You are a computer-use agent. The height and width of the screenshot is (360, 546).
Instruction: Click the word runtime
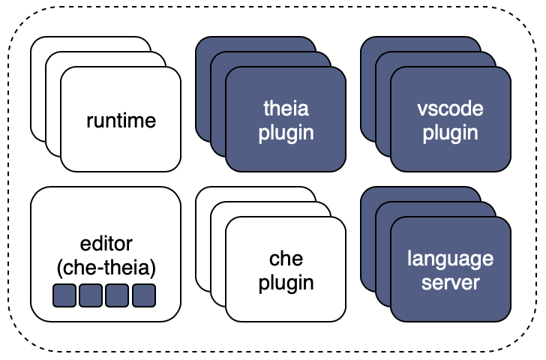tap(121, 121)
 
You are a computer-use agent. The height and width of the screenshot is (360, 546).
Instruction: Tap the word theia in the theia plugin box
tap(286, 108)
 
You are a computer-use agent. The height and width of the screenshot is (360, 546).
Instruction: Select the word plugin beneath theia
tap(286, 133)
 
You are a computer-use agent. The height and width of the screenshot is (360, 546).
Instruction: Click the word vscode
tap(450, 109)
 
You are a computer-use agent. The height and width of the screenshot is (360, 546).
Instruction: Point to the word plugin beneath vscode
tap(450, 133)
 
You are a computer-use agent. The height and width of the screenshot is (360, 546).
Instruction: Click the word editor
tap(106, 243)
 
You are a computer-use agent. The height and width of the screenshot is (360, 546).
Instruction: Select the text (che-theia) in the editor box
tap(106, 268)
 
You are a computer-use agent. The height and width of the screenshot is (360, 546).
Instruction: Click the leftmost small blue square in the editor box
tap(64, 295)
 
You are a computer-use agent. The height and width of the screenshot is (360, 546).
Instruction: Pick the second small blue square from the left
tap(91, 295)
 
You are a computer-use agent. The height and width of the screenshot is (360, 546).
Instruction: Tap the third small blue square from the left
tap(117, 295)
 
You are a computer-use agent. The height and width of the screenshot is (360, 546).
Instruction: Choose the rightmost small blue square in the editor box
tap(144, 295)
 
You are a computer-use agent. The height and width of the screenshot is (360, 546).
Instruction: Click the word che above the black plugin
tap(286, 259)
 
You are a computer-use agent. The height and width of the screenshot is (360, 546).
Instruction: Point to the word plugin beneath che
tap(286, 283)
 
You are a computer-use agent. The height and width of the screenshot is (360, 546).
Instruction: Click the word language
tap(450, 259)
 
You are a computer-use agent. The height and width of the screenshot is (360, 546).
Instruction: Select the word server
tap(450, 283)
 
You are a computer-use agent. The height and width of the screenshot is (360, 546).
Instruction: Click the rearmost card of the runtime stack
tap(37, 87)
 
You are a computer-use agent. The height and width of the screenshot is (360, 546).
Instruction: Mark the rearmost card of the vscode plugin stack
tap(367, 87)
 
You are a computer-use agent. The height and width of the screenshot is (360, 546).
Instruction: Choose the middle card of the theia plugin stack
tap(218, 104)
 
